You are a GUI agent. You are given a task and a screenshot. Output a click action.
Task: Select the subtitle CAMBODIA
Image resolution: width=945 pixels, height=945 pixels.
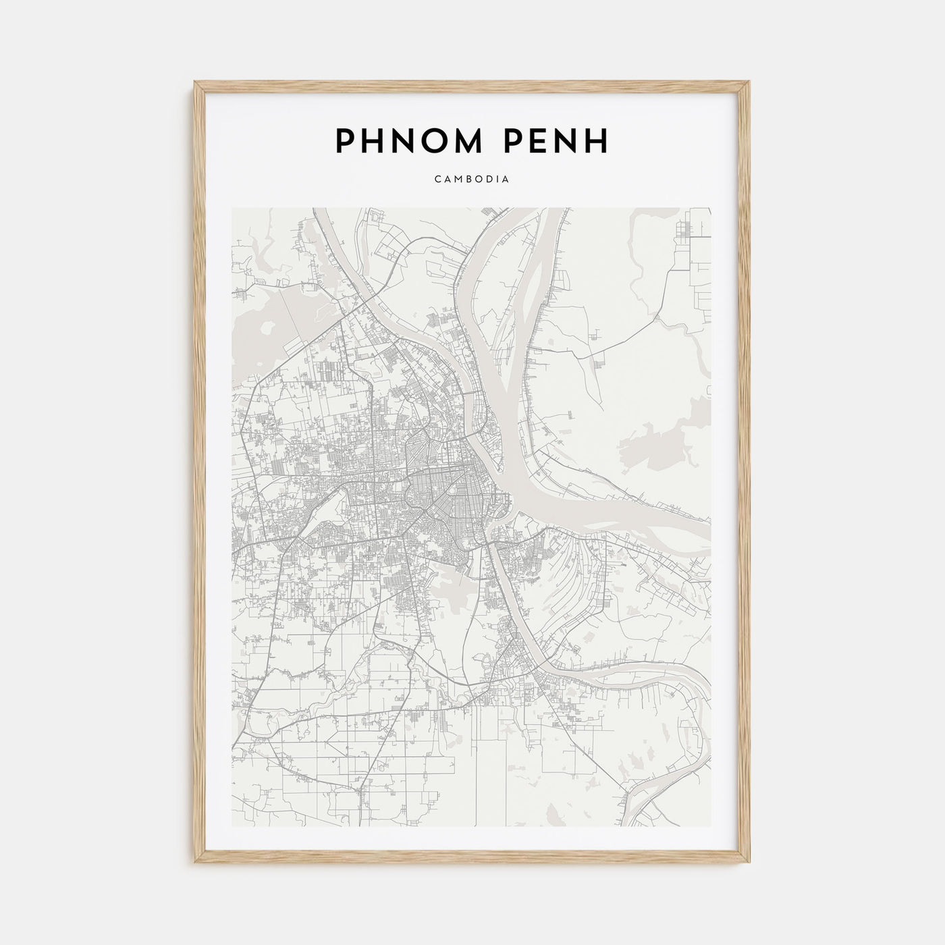(x=472, y=180)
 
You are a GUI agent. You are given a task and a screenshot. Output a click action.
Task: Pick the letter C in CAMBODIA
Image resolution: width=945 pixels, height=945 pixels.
(x=438, y=180)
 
